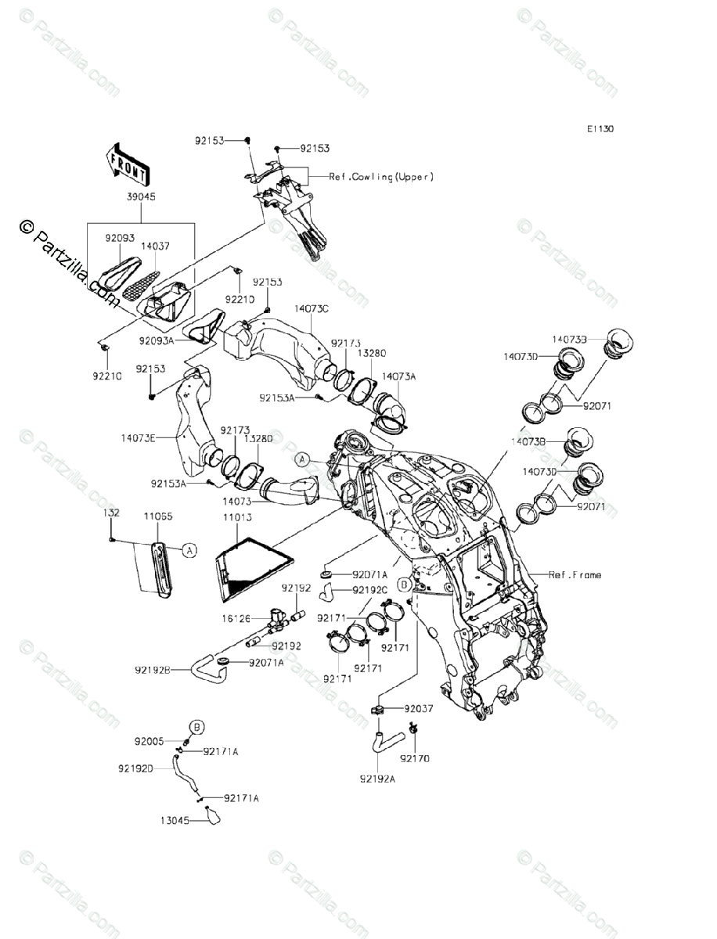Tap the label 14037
pyautogui.click(x=155, y=245)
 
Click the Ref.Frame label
pyautogui.click(x=575, y=575)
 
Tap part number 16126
pyautogui.click(x=235, y=618)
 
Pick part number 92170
pyautogui.click(x=414, y=758)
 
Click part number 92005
pyautogui.click(x=150, y=740)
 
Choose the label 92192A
pyautogui.click(x=379, y=779)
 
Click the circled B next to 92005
pyautogui.click(x=197, y=728)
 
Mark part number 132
pyautogui.click(x=113, y=513)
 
